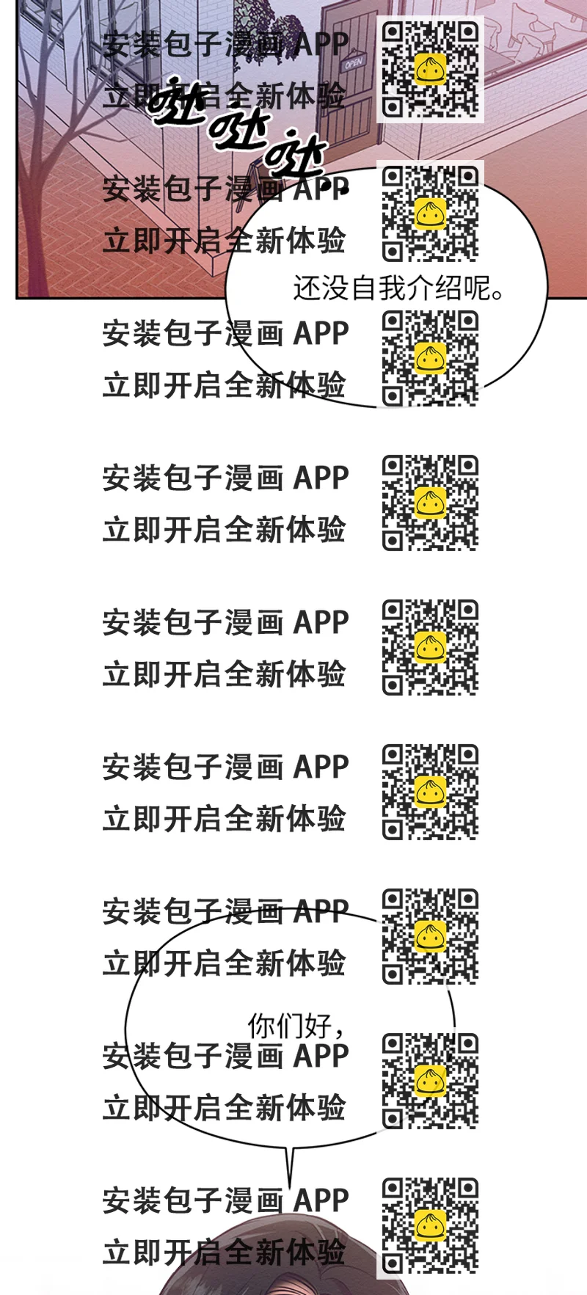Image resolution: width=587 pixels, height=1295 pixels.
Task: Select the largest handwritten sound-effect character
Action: click(176, 99)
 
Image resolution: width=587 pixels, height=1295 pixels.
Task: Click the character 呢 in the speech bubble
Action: click(477, 288)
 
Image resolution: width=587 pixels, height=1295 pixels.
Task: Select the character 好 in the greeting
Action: click(318, 1026)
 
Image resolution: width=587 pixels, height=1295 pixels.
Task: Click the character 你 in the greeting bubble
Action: click(261, 1026)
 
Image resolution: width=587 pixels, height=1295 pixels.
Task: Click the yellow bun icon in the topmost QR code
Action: click(431, 69)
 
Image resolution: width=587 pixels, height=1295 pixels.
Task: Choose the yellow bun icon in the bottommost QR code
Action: click(431, 1225)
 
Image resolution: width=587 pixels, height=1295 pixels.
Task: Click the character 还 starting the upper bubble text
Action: click(307, 288)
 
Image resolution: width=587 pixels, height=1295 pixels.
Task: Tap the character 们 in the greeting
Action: click(289, 1026)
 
